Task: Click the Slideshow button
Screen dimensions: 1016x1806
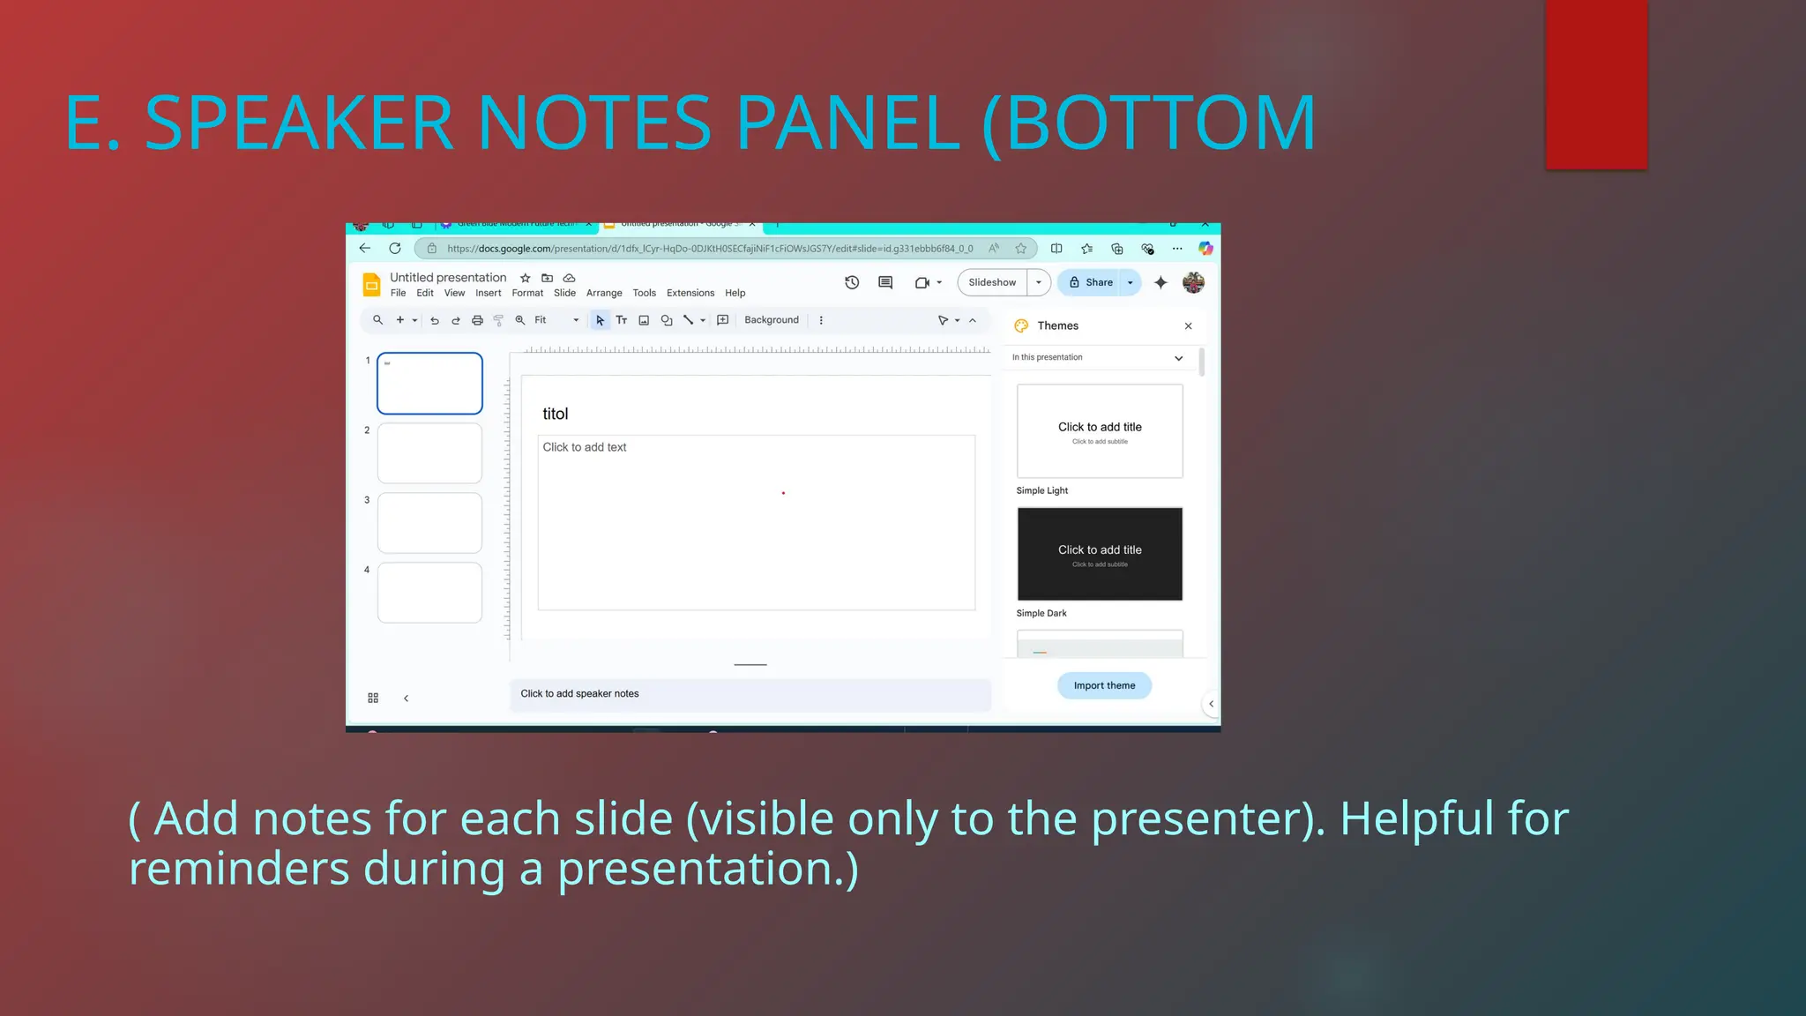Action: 992,282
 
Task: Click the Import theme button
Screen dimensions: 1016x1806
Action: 1104,685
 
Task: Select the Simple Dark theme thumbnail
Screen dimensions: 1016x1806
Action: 1100,554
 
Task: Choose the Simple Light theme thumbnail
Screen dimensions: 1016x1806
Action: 1100,431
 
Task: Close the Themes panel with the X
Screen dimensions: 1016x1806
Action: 1188,326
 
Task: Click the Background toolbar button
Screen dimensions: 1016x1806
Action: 771,320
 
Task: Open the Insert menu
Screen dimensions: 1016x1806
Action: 488,293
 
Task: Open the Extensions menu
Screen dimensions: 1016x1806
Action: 690,293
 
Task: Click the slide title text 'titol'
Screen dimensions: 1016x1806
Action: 556,414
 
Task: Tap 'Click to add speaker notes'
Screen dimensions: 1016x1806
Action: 579,694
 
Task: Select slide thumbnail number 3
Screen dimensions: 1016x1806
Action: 429,523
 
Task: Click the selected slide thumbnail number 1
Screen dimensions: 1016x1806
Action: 429,384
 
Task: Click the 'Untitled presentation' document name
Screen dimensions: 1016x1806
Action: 448,277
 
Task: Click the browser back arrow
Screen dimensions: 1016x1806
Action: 365,249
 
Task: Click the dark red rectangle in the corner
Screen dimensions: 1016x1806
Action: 1596,84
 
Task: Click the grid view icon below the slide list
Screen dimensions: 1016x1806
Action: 373,698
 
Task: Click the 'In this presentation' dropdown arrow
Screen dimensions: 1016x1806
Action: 1178,358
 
